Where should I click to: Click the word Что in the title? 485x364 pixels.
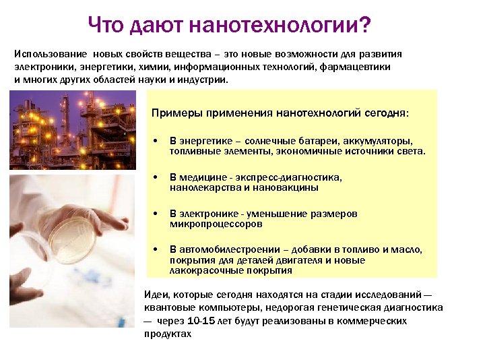tap(102, 26)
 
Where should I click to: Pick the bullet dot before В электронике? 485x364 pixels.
tap(156, 214)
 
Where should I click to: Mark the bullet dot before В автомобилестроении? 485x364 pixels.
tap(156, 249)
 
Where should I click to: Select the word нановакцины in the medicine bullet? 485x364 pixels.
tap(286, 188)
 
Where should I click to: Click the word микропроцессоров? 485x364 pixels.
tap(216, 224)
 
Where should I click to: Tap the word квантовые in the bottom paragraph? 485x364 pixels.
tap(166, 307)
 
